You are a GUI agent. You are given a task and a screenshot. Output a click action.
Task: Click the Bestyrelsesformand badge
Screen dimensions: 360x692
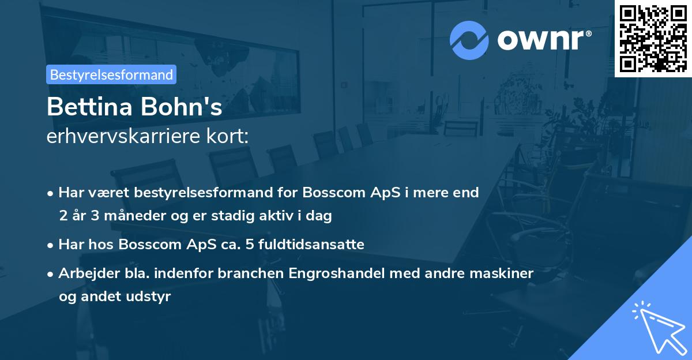tap(111, 74)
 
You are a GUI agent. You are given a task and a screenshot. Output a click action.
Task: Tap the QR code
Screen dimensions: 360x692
tap(653, 38)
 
